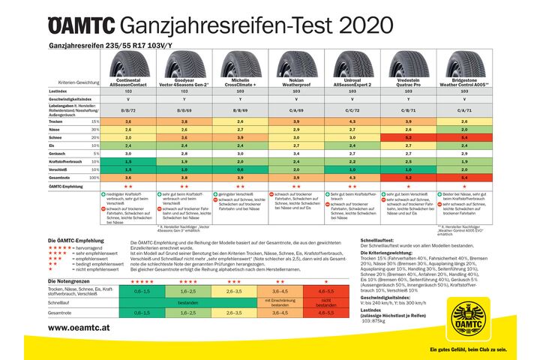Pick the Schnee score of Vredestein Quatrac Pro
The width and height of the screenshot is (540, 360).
click(x=405, y=137)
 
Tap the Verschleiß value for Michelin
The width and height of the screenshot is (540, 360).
click(x=238, y=169)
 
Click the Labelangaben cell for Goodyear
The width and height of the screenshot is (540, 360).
click(x=183, y=109)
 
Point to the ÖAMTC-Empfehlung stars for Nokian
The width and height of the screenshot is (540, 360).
click(x=294, y=185)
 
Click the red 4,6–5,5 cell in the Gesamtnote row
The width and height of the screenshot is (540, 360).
click(x=325, y=313)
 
